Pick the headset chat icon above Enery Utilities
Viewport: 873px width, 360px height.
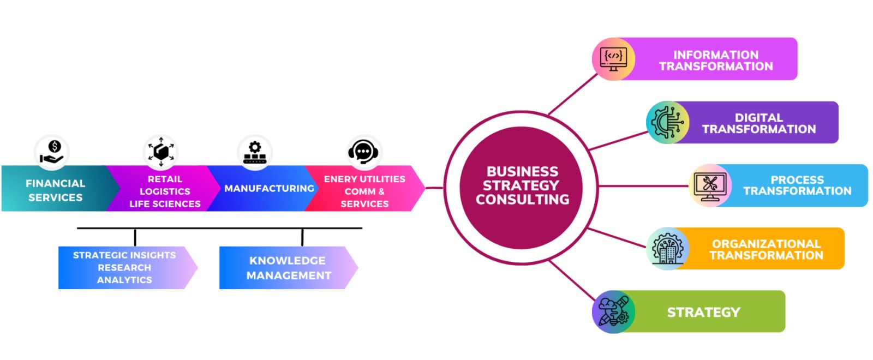click(x=364, y=152)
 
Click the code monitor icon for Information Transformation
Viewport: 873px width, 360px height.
click(x=614, y=59)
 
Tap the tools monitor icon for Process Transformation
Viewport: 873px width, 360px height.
click(x=710, y=185)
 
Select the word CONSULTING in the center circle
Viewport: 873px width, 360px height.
click(x=522, y=200)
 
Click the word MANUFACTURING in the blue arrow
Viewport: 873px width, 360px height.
click(x=269, y=188)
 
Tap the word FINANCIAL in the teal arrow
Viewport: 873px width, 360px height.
click(x=55, y=183)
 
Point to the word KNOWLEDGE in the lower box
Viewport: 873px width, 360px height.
click(x=287, y=261)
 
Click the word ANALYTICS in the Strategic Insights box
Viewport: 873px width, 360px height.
click(x=124, y=280)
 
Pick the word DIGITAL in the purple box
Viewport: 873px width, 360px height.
click(x=758, y=118)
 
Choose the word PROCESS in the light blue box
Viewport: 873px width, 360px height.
click(x=797, y=180)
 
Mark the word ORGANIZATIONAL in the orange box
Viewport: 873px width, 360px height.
click(x=766, y=244)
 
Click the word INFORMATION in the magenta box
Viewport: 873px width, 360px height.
click(x=715, y=55)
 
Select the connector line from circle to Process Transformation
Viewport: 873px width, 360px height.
click(x=644, y=186)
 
